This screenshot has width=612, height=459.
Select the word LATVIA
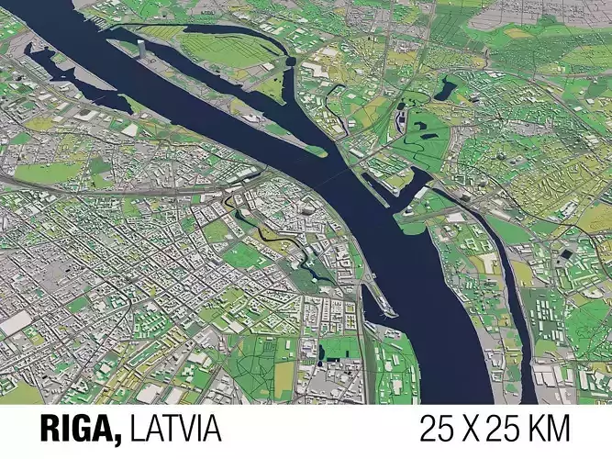175,428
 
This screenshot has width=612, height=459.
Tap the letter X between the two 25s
487,428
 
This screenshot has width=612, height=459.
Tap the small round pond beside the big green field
290,62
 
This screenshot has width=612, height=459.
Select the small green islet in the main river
316,151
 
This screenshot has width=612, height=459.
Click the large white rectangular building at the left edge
15,322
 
